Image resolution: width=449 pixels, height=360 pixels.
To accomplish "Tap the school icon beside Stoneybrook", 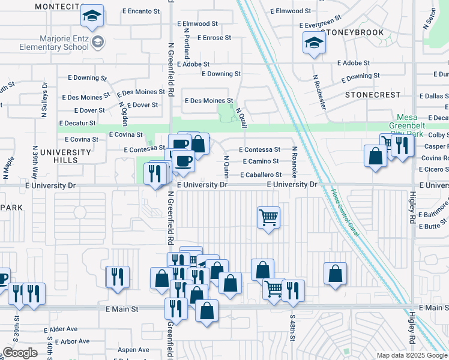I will click(315, 43).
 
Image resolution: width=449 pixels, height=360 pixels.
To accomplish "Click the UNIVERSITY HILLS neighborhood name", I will click(65, 157).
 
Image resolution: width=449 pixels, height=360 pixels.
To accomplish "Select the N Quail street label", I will click(242, 118).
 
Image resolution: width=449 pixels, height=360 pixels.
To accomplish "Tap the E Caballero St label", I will click(261, 175).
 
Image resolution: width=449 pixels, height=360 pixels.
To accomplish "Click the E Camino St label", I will click(261, 161).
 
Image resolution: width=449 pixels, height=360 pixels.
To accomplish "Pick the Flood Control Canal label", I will click(345, 212).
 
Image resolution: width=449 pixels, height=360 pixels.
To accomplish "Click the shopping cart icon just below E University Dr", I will click(268, 217).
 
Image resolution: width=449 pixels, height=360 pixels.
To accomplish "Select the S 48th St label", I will click(292, 328).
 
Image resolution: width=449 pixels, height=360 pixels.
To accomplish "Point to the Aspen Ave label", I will click(133, 350).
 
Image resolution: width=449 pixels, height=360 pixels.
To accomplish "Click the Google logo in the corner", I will click(20, 353).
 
